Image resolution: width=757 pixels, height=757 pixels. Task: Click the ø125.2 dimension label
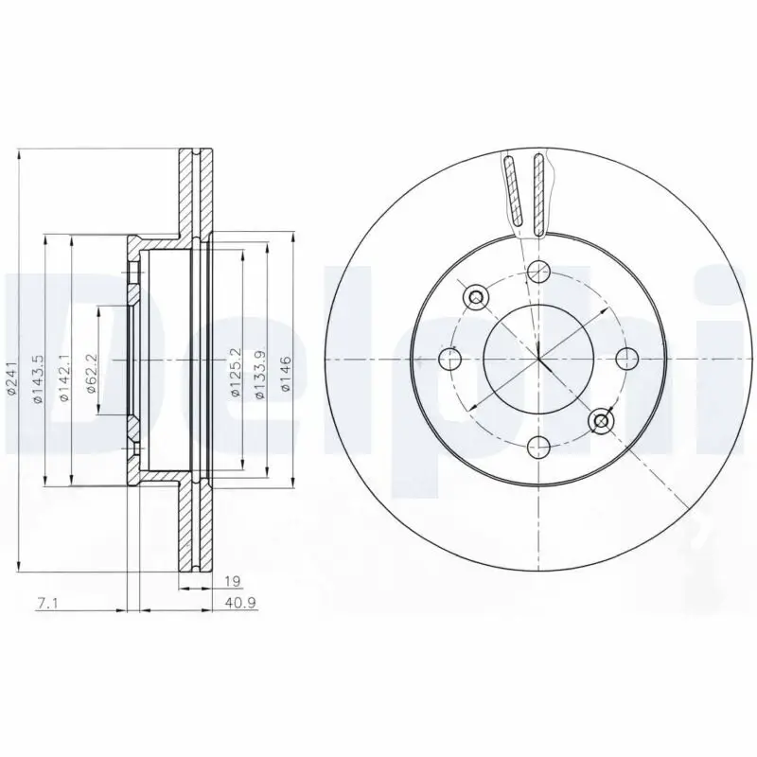(236, 373)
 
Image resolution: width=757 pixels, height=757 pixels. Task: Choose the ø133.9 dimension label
(261, 374)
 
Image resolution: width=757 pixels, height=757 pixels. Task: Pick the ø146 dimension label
(287, 373)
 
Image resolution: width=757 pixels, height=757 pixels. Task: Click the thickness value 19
(233, 581)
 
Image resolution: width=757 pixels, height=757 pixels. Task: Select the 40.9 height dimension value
(240, 603)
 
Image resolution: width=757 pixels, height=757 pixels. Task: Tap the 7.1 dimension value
(46, 603)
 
